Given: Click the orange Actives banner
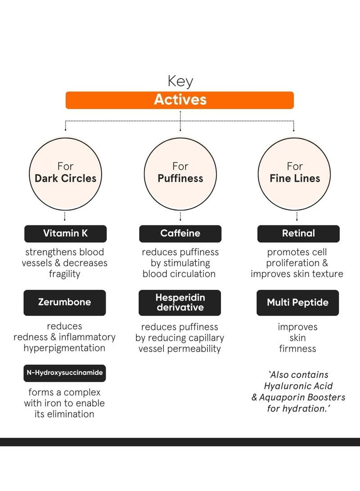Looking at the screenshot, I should (x=180, y=100).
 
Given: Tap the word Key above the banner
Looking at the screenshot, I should (x=180, y=81).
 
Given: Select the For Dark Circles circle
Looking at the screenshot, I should (x=65, y=172).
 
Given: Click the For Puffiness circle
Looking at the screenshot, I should (x=180, y=172).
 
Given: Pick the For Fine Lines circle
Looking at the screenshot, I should (x=295, y=172).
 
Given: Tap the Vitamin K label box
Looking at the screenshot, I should (x=65, y=234).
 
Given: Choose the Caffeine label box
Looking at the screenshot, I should (x=180, y=234).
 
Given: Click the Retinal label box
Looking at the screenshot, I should (x=298, y=234).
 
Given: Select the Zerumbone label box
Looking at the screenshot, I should (x=64, y=302).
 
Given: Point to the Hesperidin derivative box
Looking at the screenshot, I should (x=180, y=302).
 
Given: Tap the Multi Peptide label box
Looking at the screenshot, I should (x=297, y=302).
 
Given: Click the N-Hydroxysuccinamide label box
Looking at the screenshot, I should (x=64, y=373).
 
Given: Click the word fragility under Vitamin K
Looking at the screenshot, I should (x=64, y=274).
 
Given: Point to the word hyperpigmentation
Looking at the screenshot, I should (x=64, y=348).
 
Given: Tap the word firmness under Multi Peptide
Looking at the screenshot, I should (x=297, y=349).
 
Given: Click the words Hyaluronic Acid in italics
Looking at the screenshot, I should (x=298, y=386).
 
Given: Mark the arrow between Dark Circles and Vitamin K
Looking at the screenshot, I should (x=65, y=216).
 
